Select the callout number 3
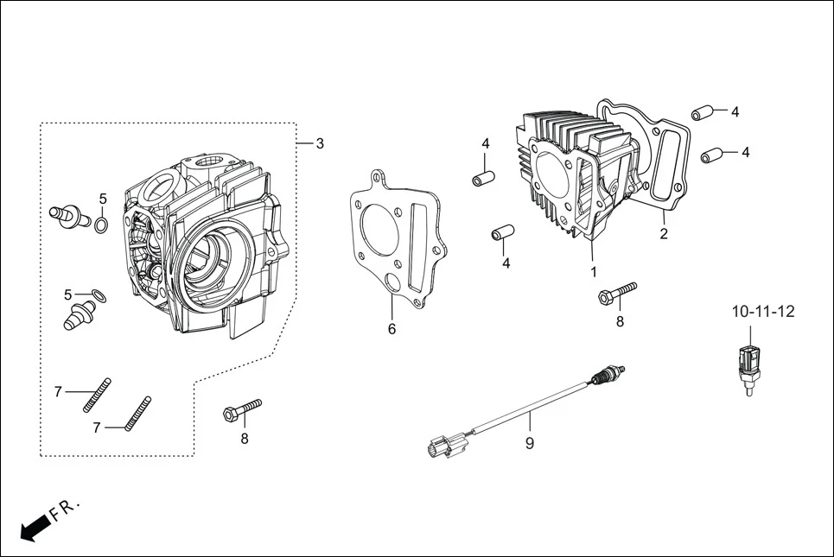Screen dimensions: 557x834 click(x=320, y=143)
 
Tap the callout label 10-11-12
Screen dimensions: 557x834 click(x=762, y=311)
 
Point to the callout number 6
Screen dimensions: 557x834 click(x=392, y=329)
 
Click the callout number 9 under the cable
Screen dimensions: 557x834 click(x=530, y=443)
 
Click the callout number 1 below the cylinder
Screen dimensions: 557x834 click(x=594, y=271)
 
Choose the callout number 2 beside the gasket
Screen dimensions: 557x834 click(x=664, y=233)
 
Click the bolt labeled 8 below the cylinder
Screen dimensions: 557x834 click(x=617, y=294)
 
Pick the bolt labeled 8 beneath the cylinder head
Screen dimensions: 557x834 click(x=242, y=408)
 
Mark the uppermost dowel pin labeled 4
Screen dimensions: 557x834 click(x=702, y=113)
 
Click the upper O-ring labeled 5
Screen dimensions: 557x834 click(x=101, y=226)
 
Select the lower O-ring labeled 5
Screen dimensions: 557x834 click(x=99, y=296)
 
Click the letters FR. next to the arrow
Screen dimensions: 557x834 click(x=65, y=509)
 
